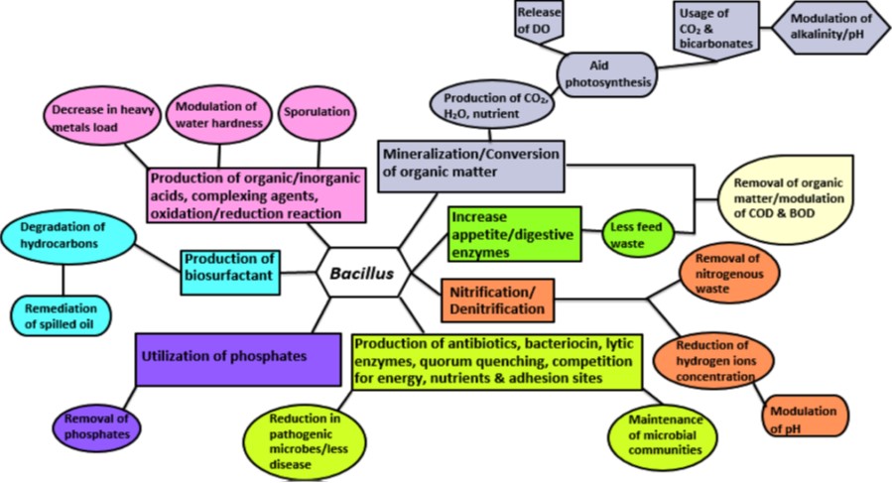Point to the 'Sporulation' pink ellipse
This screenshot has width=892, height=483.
pos(317,112)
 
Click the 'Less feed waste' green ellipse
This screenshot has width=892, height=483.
pos(636,234)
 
